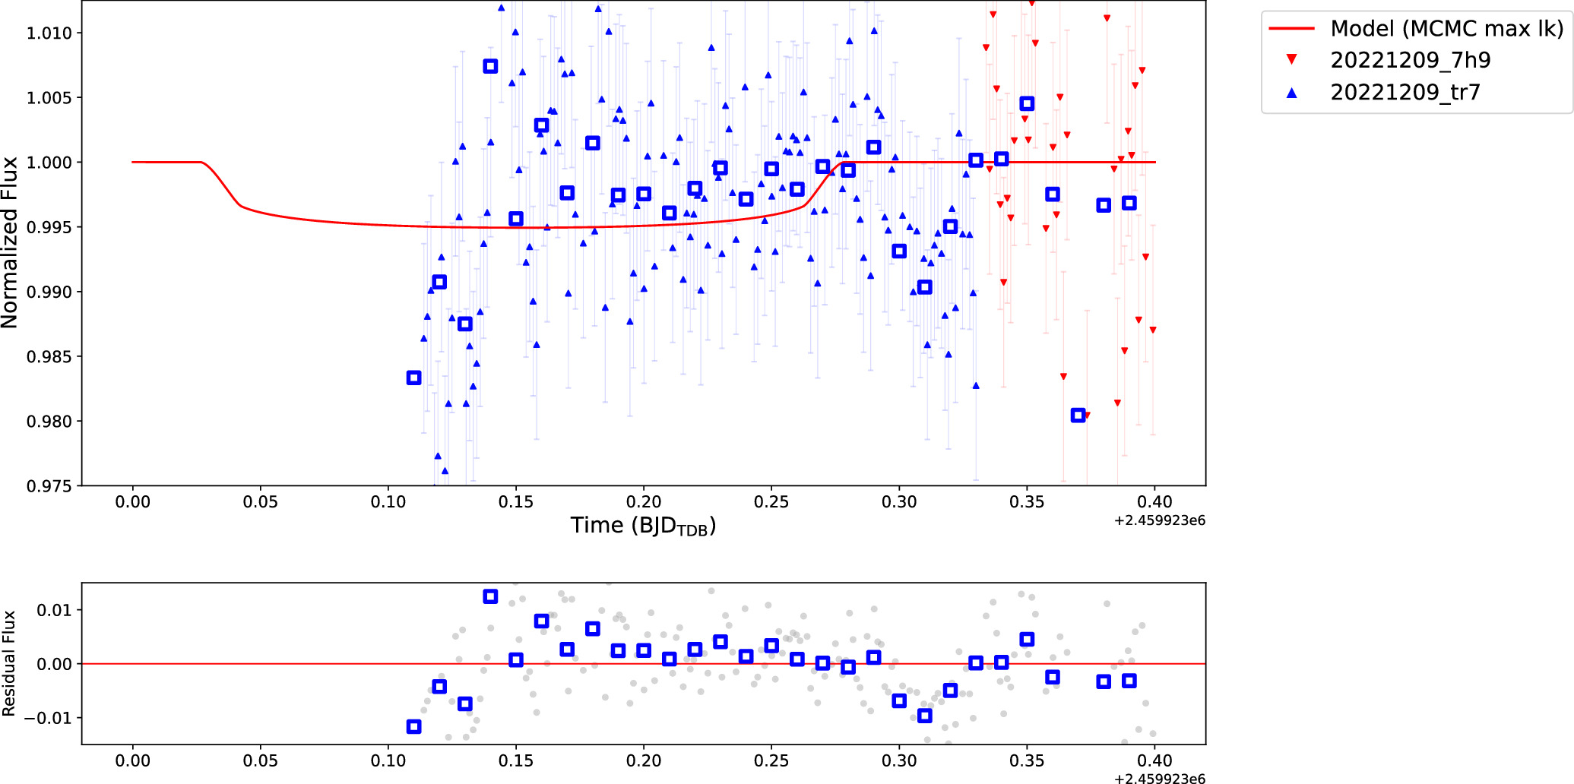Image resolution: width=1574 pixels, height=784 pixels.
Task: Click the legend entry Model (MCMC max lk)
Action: coord(1446,29)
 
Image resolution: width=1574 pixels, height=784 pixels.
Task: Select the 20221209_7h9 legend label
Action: coord(1410,60)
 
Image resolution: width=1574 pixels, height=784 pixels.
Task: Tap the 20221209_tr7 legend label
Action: coord(1405,92)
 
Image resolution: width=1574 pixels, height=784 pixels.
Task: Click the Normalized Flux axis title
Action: coord(10,242)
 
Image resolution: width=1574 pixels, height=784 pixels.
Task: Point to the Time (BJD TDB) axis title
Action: coord(643,526)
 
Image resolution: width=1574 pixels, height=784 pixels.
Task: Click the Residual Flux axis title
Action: coord(9,663)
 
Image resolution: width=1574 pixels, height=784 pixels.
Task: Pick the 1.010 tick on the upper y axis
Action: coord(49,33)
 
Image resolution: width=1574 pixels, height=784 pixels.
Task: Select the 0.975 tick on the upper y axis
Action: coord(49,486)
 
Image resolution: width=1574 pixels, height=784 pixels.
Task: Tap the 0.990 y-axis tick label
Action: coord(49,292)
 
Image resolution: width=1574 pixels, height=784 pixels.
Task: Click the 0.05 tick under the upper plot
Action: coord(260,502)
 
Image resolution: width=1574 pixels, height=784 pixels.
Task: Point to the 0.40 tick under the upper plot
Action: coord(1154,502)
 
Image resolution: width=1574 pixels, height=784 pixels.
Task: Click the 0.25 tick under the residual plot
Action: coord(771,760)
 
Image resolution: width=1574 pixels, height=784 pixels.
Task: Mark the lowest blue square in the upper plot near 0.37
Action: coord(1078,416)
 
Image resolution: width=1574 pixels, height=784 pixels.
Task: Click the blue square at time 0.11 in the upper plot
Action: coord(413,378)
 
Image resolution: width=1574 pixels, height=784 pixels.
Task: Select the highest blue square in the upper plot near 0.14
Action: coord(490,66)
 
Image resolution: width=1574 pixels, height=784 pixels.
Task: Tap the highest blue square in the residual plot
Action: coord(490,596)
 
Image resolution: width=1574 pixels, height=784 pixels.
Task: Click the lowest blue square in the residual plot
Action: coord(413,727)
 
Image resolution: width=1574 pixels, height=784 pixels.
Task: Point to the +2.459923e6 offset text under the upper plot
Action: coord(1159,520)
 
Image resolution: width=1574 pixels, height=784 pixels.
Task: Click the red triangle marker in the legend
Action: coord(1291,60)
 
